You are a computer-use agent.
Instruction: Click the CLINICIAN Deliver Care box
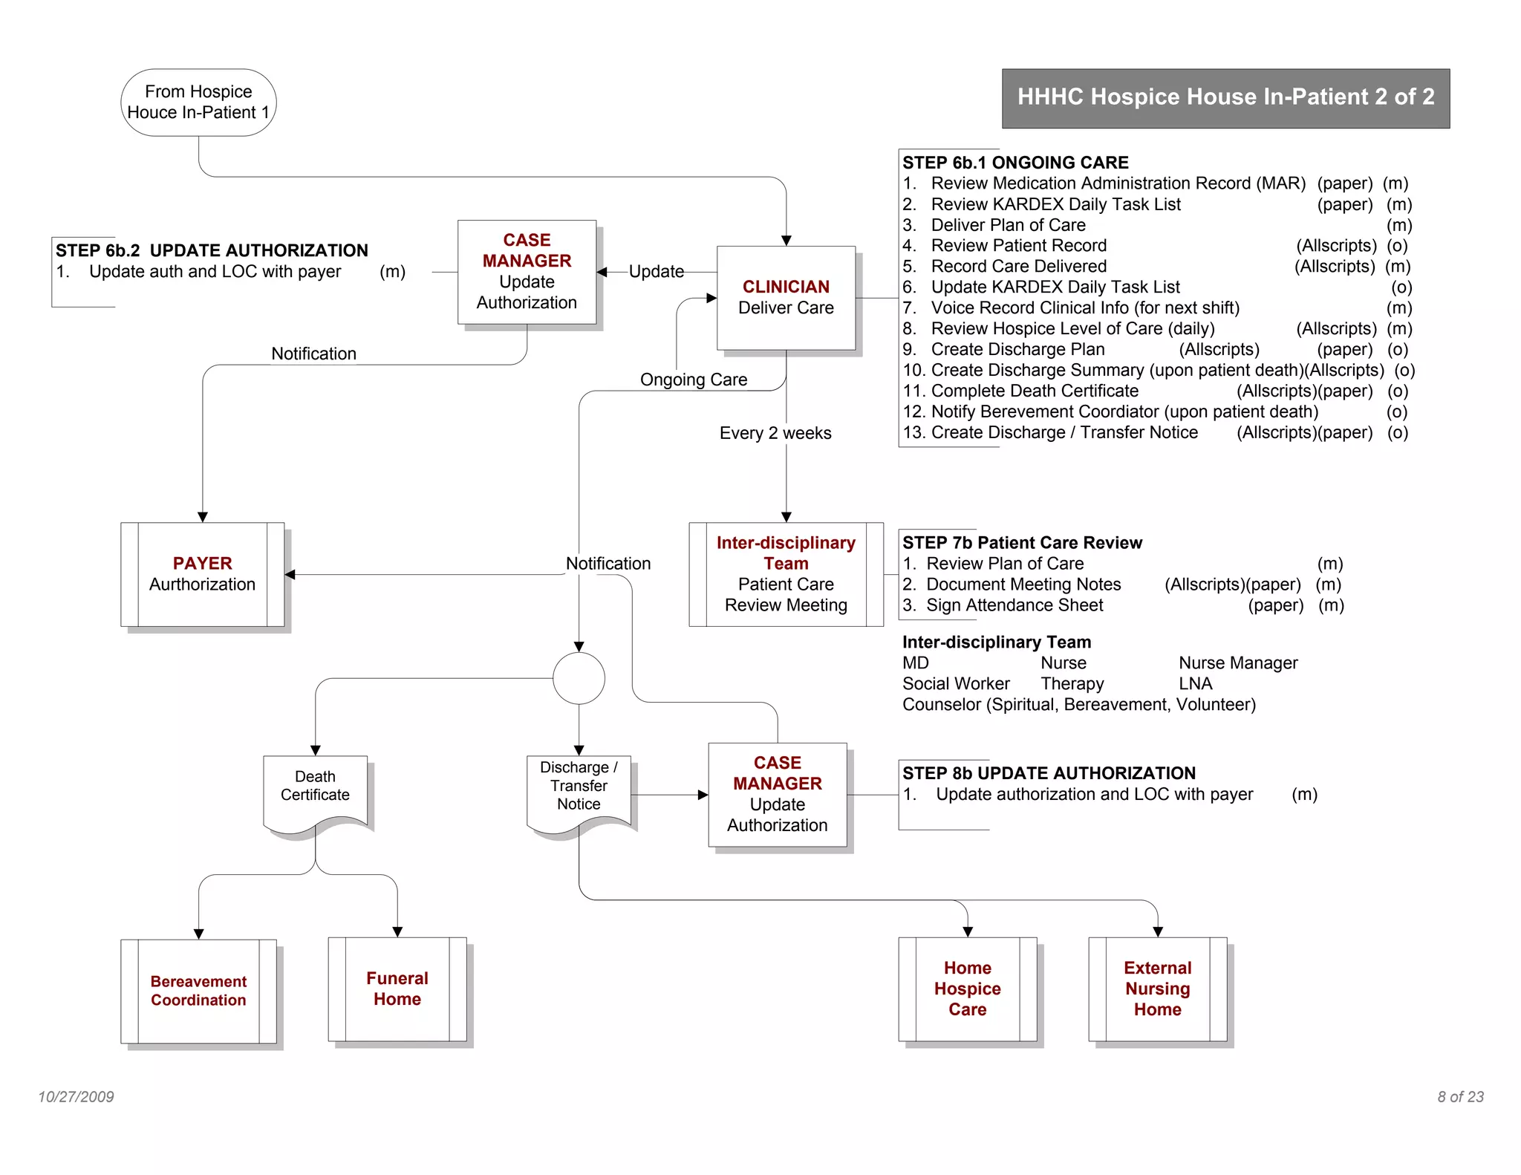pos(786,297)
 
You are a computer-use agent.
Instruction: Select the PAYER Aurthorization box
pos(202,574)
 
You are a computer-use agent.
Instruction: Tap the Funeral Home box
pos(397,989)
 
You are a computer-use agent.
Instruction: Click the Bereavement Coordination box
pos(198,991)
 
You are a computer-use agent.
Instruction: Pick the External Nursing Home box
pos(1157,989)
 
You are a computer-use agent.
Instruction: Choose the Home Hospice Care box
pos(967,989)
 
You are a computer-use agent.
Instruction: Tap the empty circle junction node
pos(579,678)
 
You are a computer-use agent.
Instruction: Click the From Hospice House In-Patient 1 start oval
pos(198,102)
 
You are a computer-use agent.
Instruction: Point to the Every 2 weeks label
pos(775,433)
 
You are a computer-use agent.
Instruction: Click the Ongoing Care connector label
pos(693,380)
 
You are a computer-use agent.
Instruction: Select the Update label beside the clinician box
pos(656,272)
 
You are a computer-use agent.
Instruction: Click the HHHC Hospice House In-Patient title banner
pos(1225,97)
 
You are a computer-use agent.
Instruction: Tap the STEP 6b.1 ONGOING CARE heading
pos(1014,163)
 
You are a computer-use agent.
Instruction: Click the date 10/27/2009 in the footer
pos(76,1096)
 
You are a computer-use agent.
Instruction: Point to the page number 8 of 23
pos(1459,1096)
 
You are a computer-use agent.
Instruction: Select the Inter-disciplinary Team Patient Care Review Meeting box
pos(786,574)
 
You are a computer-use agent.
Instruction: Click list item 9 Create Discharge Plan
pos(1017,350)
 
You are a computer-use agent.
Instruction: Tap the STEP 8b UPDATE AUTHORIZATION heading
pos(1048,773)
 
